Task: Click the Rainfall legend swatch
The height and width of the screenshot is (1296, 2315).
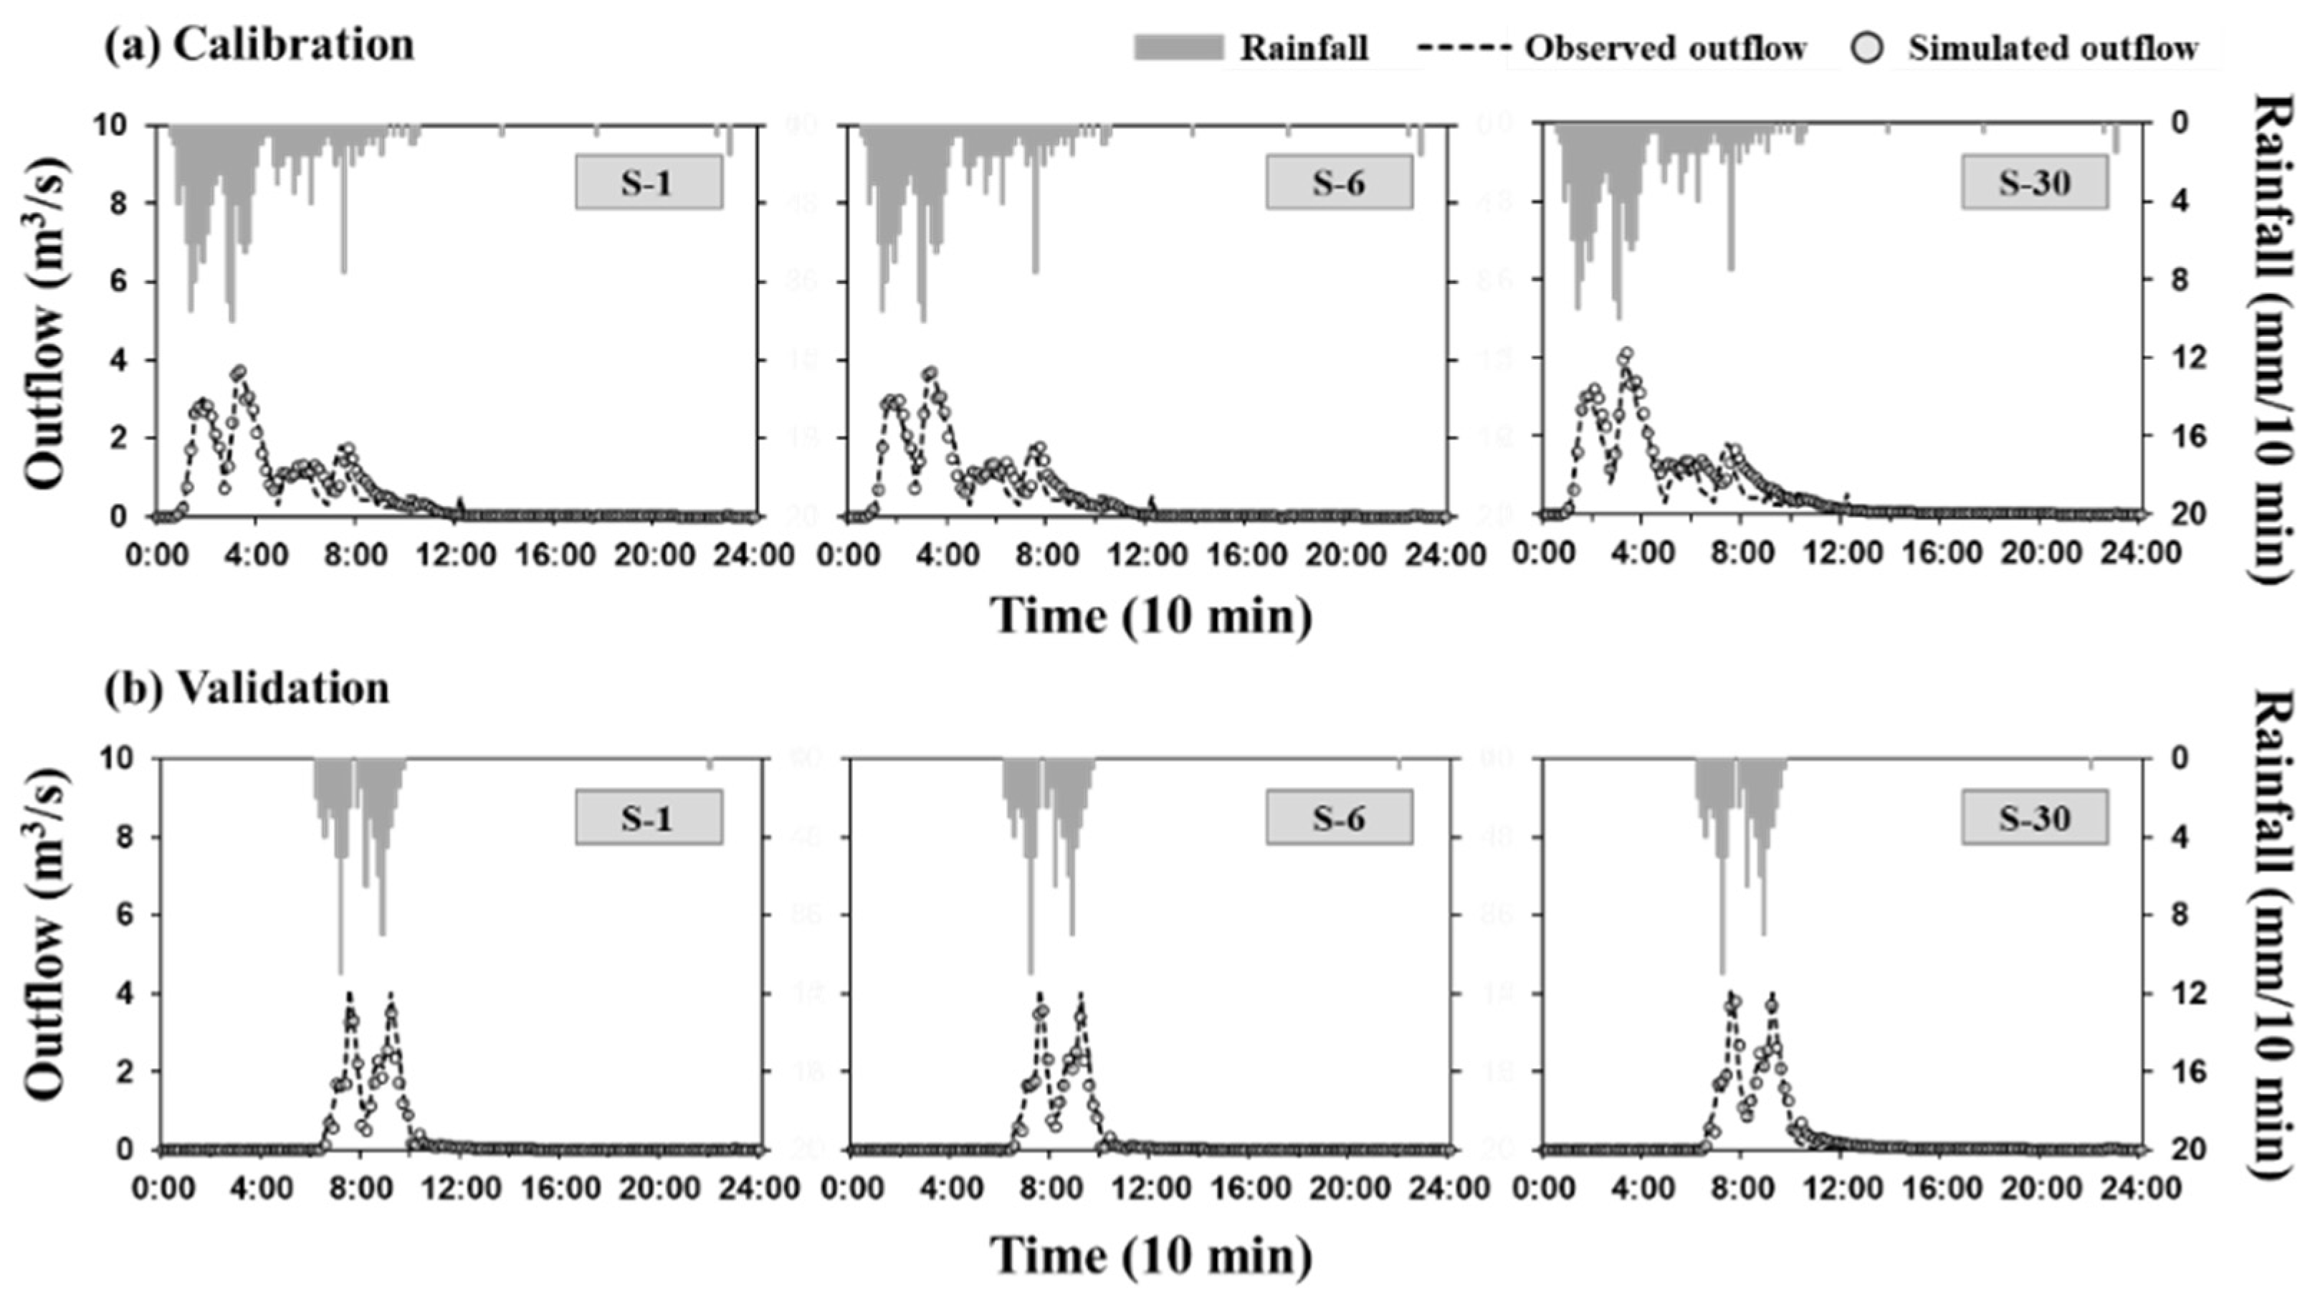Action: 1178,47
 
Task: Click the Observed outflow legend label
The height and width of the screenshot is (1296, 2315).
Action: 1665,47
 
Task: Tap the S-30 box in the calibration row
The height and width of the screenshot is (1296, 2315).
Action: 2034,183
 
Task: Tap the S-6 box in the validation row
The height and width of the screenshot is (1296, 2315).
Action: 1339,818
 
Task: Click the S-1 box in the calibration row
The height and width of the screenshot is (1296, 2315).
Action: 648,183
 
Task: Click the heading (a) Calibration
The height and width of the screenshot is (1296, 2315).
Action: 259,45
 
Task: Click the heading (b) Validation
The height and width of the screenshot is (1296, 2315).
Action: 247,687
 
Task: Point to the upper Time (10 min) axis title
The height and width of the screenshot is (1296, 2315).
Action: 1151,616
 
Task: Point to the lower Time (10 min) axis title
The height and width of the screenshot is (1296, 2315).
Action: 1151,1256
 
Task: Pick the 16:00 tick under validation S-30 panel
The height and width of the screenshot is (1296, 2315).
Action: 1940,1188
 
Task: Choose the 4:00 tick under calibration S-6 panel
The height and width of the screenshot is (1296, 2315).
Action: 949,553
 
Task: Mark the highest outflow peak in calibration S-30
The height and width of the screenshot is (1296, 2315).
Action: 1626,354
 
